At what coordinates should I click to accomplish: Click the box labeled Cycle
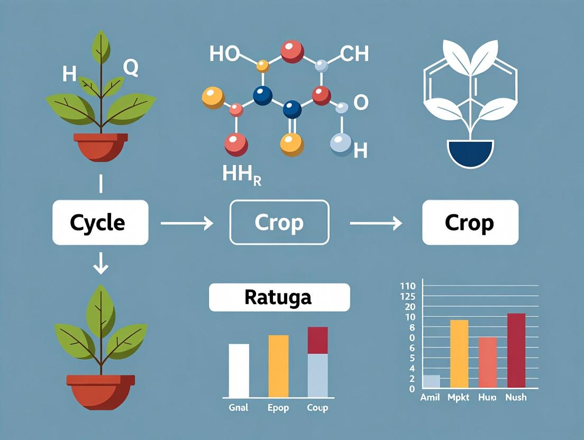[100, 222]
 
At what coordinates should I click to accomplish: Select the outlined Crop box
[279, 222]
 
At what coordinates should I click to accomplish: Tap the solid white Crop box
[469, 222]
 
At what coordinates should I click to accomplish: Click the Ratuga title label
[279, 297]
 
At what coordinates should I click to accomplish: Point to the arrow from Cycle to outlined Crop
[186, 224]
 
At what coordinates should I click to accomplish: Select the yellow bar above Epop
[278, 366]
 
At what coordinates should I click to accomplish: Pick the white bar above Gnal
[239, 370]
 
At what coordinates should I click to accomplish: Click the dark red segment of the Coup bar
[317, 340]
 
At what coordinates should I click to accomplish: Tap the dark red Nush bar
[516, 351]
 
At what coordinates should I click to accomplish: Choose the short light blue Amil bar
[431, 381]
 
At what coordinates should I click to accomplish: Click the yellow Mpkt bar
[459, 353]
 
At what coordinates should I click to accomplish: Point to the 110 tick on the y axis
[408, 286]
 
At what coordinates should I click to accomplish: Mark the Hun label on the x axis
[486, 397]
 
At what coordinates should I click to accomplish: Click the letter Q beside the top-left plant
[131, 67]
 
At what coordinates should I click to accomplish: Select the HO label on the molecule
[224, 53]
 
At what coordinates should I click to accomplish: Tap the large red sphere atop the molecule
[291, 51]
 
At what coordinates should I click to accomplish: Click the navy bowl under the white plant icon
[470, 153]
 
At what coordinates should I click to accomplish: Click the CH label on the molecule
[354, 53]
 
